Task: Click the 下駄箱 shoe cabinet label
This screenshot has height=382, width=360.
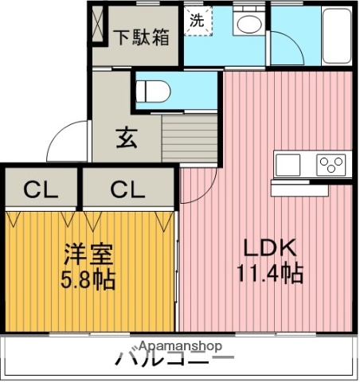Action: (139, 36)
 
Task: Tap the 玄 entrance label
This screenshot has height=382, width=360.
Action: (127, 138)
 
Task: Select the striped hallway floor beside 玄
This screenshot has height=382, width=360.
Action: (190, 139)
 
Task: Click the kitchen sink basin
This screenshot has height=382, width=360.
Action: (288, 165)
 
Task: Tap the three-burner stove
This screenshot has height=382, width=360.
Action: (331, 165)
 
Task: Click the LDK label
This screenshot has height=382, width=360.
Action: (266, 247)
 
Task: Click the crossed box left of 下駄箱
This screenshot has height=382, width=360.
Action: (98, 24)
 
